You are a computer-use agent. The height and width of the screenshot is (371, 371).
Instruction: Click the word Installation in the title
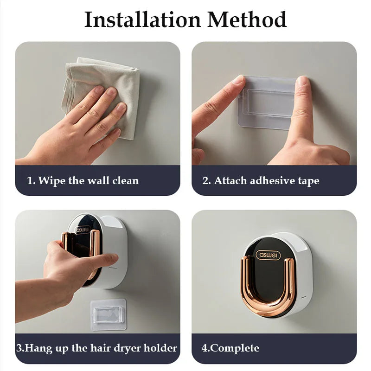pos(142,19)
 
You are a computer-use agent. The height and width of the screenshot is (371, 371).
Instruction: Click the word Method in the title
pos(247,19)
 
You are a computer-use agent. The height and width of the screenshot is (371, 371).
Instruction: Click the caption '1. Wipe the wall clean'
pos(83,180)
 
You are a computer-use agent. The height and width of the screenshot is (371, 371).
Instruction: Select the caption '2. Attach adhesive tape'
pos(261,180)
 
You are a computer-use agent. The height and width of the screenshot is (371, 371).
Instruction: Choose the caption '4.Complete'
pos(230,348)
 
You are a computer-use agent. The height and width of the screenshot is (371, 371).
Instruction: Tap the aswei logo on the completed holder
pos(268,255)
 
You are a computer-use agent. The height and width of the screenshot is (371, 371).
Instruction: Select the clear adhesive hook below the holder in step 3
pos(108,314)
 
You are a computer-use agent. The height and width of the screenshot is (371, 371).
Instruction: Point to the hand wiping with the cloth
pos(88,125)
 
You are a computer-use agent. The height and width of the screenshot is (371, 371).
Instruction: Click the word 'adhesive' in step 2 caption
pos(271,180)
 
